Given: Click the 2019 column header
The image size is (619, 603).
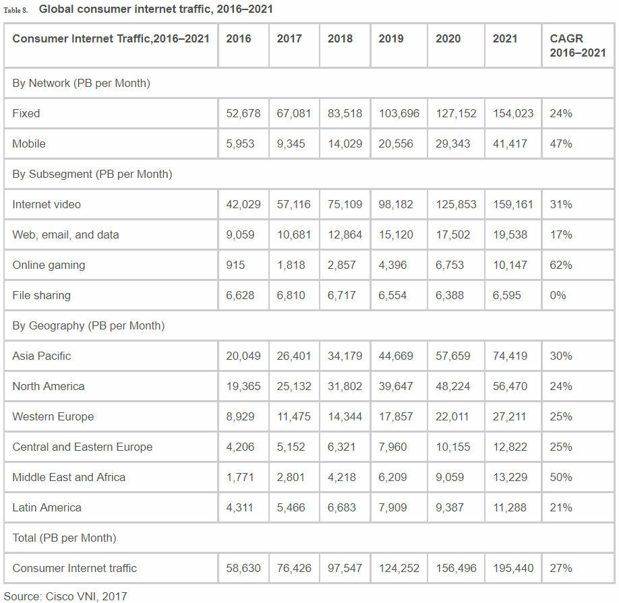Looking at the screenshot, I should (391, 39).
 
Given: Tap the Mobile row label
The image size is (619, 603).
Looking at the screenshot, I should (29, 144).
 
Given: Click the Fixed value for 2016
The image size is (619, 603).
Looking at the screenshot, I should (243, 113).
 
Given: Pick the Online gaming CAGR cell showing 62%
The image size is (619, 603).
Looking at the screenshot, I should (561, 265).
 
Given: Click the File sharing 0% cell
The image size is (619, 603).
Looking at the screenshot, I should (558, 295).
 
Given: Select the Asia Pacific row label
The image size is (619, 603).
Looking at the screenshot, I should (42, 356).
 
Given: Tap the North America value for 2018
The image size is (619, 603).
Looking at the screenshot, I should (345, 386).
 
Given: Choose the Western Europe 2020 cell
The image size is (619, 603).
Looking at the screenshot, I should (452, 416).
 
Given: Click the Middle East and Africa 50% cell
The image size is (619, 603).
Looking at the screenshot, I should (561, 477).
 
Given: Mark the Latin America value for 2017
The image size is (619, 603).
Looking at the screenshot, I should (293, 507).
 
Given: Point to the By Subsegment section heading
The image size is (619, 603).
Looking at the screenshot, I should (92, 174).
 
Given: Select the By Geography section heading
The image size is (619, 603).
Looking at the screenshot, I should (88, 325).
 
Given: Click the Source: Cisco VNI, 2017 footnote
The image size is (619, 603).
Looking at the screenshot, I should (65, 596).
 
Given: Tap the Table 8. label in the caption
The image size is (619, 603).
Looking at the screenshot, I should (16, 10).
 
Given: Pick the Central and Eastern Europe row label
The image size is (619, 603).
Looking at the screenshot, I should (82, 447).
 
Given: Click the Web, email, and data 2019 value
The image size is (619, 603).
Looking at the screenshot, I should (396, 234).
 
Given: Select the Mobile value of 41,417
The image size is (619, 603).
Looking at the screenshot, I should (510, 144).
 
